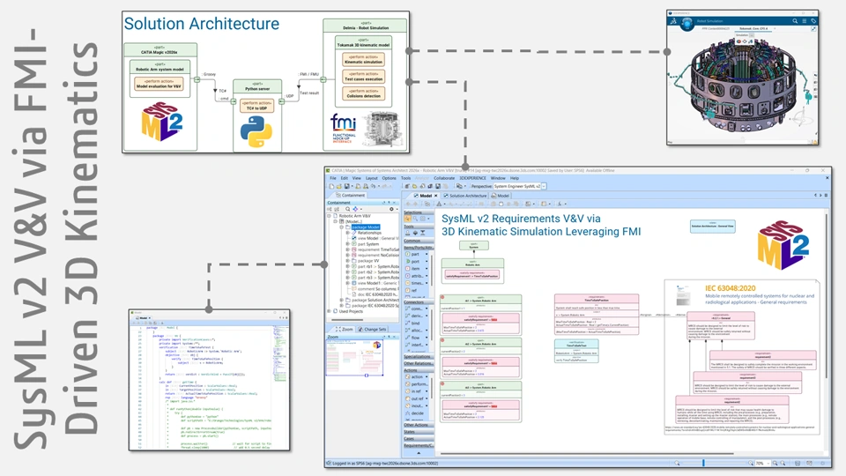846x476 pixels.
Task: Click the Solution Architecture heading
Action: click(x=201, y=24)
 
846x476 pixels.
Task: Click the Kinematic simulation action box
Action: click(x=364, y=62)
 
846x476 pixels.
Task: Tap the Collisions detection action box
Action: click(x=364, y=96)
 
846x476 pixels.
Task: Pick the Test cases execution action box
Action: click(x=364, y=78)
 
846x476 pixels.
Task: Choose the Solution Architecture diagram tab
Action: click(x=468, y=196)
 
